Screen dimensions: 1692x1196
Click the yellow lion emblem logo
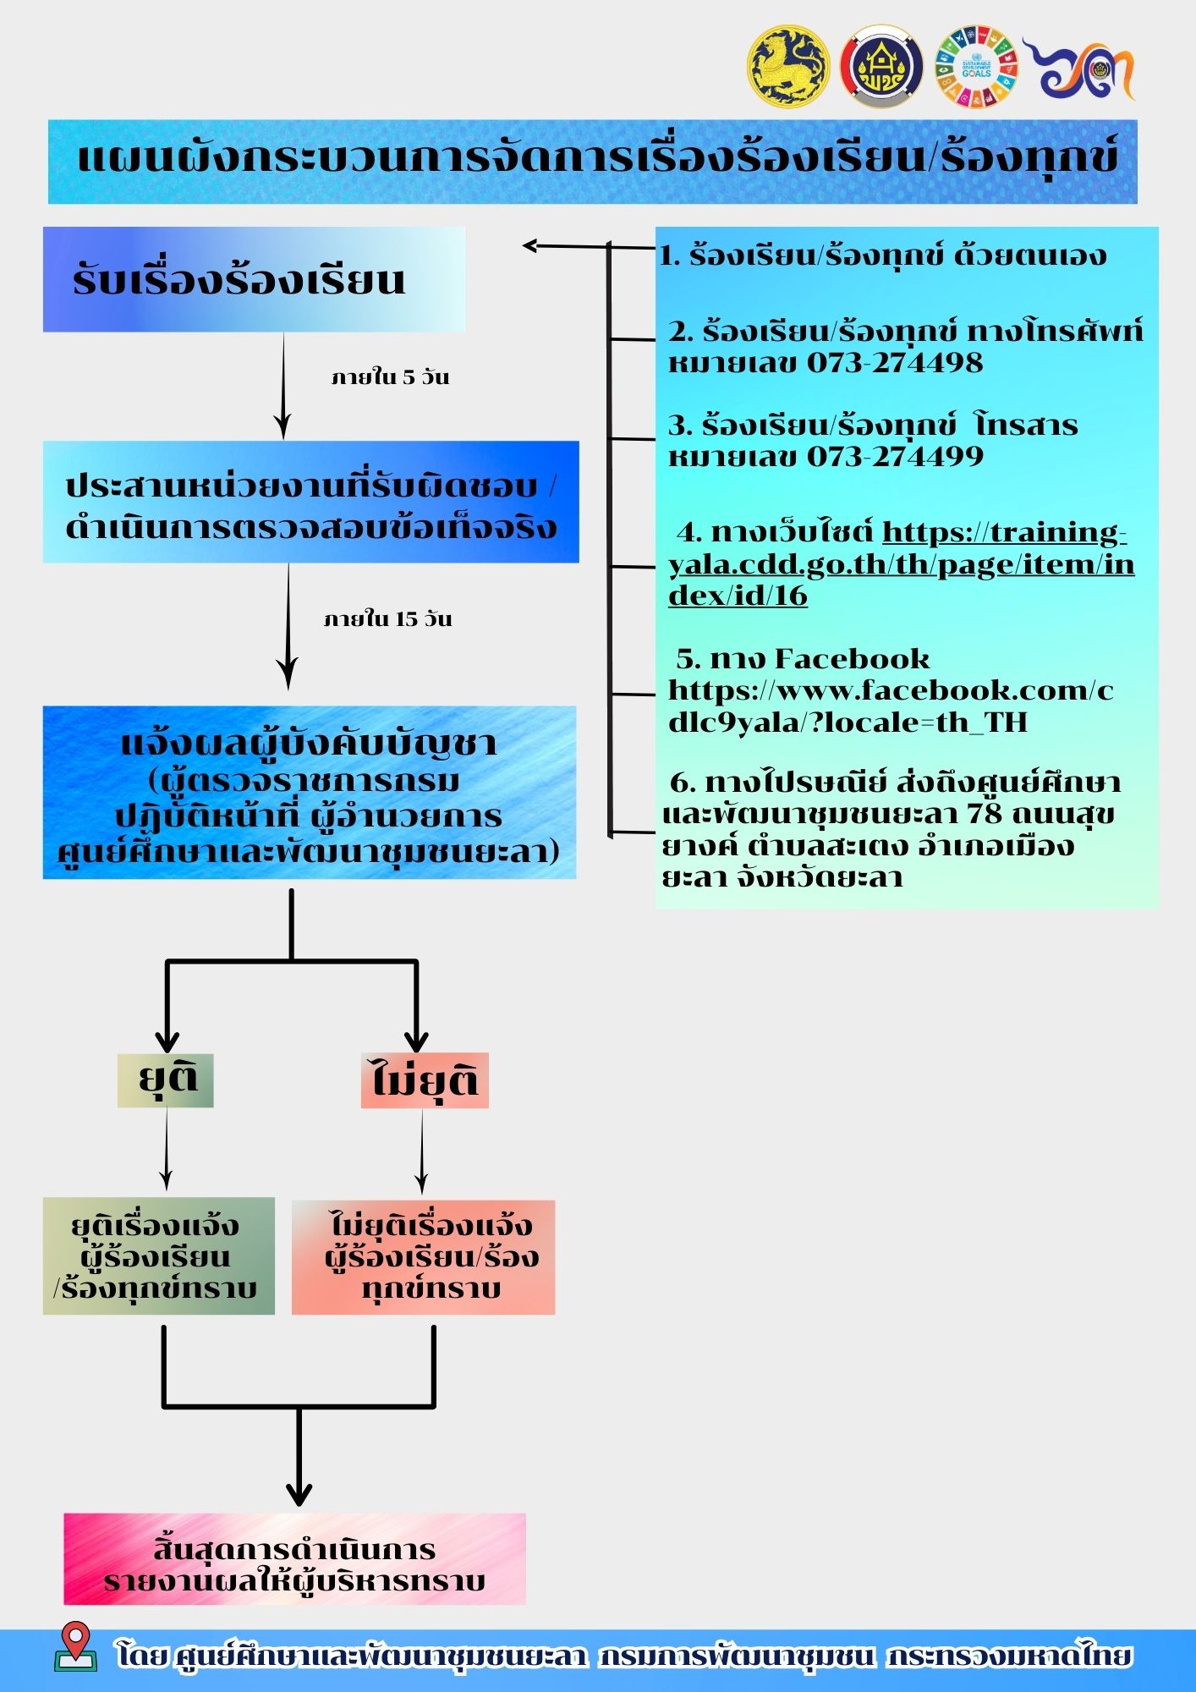788,66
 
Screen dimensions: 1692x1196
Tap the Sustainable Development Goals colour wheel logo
975,66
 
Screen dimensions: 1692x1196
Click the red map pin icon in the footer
75,1644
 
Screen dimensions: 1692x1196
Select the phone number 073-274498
895,363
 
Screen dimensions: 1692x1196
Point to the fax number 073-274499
895,457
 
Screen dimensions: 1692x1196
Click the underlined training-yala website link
901,564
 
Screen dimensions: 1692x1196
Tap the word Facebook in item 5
852,659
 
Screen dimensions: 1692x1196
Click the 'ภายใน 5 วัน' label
390,377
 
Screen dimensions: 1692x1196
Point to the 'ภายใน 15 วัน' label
388,619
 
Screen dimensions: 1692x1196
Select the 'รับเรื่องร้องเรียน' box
254,280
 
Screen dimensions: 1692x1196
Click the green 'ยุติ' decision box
166,1079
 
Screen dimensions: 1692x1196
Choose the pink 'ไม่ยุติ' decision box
425,1080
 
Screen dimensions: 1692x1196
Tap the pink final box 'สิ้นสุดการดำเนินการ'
294,1558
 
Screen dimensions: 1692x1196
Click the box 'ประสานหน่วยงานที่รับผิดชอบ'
310,503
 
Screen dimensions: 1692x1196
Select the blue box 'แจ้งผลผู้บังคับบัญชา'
310,793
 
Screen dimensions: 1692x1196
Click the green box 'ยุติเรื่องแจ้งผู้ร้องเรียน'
158,1255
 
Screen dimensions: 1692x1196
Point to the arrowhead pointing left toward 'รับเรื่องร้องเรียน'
530,246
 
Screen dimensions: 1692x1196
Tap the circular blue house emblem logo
881,66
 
